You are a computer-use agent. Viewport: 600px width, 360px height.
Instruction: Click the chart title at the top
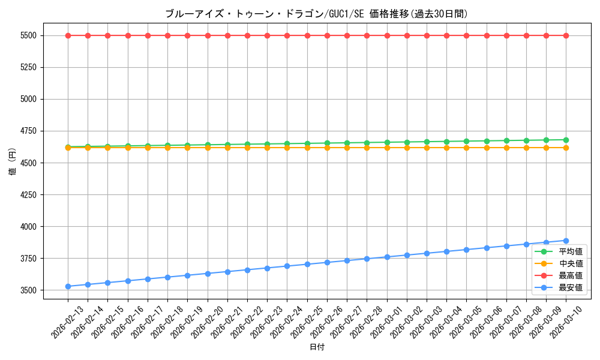point(316,14)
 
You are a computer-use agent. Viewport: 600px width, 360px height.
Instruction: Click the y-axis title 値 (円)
point(13,162)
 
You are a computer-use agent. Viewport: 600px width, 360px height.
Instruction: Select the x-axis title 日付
point(316,347)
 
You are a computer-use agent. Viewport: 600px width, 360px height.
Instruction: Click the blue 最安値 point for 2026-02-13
point(68,286)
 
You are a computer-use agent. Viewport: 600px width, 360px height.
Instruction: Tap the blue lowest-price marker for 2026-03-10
point(566,241)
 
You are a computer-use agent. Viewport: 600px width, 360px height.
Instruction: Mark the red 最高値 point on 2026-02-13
point(68,35)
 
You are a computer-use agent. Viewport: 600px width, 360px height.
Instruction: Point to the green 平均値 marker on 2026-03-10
point(566,140)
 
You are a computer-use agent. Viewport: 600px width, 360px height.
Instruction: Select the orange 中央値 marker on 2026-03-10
point(566,148)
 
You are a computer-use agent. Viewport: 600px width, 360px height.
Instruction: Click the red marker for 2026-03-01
point(387,35)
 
